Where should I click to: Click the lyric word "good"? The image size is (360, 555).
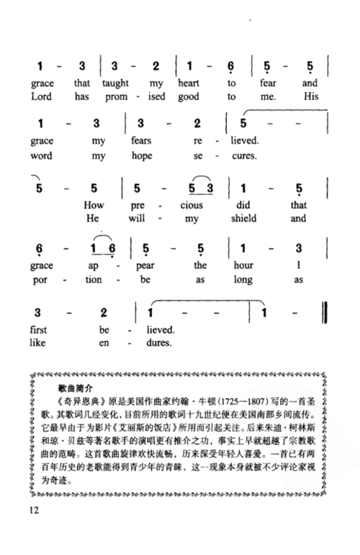[x=197, y=96]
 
